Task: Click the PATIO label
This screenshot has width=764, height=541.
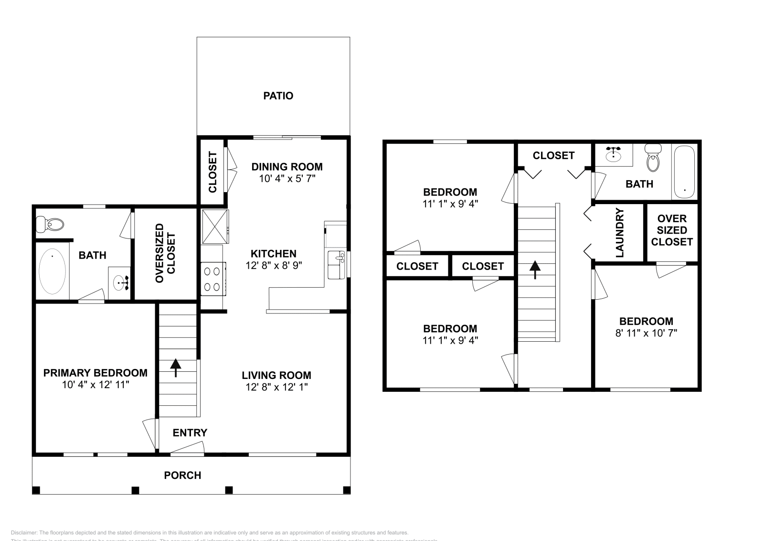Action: [278, 96]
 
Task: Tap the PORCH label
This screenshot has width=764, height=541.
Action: [182, 475]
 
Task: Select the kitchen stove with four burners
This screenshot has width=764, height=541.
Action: [212, 279]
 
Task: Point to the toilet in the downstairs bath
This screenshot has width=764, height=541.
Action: [51, 224]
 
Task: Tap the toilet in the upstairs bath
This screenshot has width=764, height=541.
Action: [653, 158]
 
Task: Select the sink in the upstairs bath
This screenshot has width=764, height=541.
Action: [613, 154]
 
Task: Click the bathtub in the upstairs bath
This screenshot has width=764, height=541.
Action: [684, 173]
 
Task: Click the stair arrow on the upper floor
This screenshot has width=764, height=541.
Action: [535, 270]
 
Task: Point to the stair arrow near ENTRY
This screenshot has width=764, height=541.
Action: [176, 368]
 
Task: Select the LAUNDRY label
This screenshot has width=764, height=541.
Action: [620, 233]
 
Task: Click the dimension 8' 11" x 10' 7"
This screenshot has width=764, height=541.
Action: [646, 333]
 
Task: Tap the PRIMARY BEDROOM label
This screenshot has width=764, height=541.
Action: [95, 373]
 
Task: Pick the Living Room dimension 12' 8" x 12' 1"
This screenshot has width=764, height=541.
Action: [276, 387]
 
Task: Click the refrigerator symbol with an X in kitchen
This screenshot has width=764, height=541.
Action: [214, 226]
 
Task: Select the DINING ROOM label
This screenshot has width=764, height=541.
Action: [287, 167]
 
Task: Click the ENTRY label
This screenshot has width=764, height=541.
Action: [190, 433]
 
